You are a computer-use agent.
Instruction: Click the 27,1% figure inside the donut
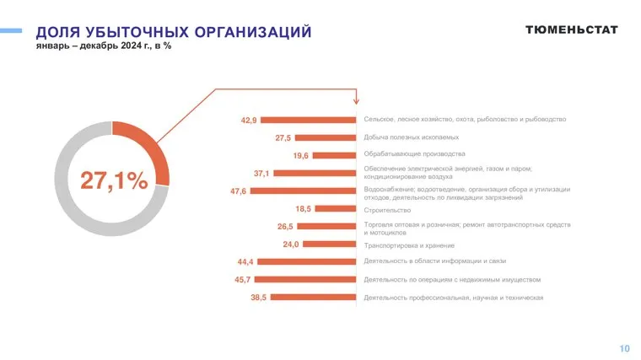click(113, 180)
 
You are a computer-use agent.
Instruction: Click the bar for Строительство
click(336, 208)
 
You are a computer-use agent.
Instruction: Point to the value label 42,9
click(248, 121)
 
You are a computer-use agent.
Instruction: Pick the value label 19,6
click(301, 156)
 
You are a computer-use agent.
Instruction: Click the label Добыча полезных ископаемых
click(411, 137)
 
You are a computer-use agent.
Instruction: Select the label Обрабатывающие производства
click(414, 154)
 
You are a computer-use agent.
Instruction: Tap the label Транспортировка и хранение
click(415, 244)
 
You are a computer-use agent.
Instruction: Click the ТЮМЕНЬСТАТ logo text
click(571, 30)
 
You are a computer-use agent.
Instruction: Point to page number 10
click(624, 348)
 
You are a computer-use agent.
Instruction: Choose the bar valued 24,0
click(329, 244)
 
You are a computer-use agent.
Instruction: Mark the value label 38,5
click(258, 298)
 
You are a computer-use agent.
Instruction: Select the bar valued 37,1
click(315, 173)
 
